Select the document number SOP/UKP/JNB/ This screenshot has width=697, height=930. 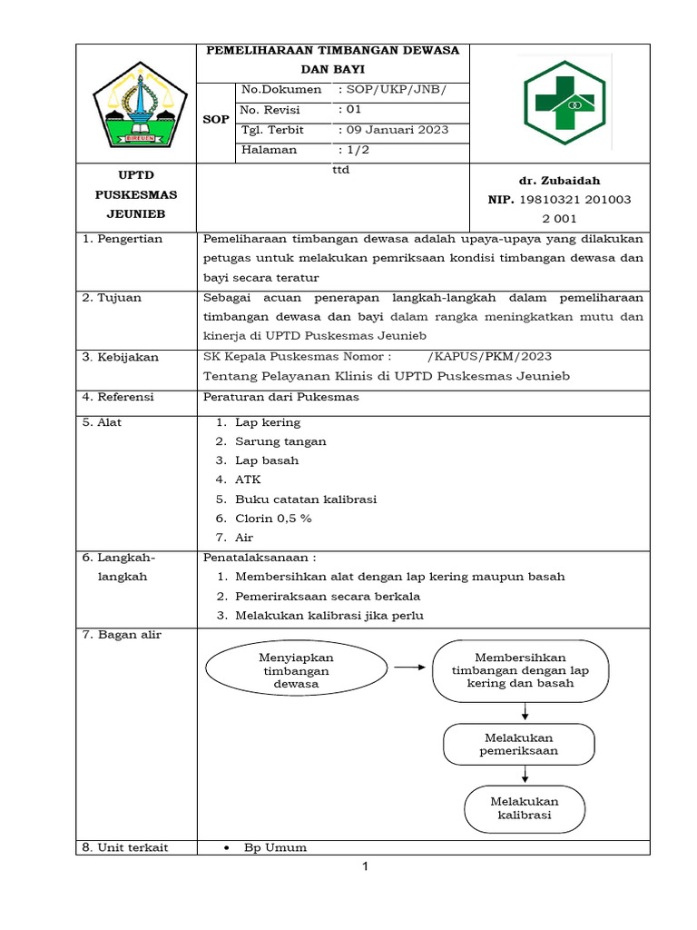(x=391, y=90)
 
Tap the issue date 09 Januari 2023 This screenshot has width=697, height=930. (x=392, y=130)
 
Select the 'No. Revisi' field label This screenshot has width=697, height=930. (x=270, y=110)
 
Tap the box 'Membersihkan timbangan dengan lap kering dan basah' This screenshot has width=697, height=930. (x=520, y=670)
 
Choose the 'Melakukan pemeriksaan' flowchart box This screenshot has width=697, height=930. (x=519, y=744)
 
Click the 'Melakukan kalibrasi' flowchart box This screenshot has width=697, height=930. (x=525, y=807)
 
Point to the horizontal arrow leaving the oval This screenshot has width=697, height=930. (x=410, y=667)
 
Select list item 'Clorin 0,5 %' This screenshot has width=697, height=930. (x=273, y=518)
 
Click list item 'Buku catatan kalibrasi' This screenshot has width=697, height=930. (x=305, y=499)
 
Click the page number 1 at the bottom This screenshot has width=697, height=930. (x=365, y=866)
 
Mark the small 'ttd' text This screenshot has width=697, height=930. (x=341, y=169)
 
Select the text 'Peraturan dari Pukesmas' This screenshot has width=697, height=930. (x=281, y=397)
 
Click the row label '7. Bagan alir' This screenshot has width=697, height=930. (x=122, y=634)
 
